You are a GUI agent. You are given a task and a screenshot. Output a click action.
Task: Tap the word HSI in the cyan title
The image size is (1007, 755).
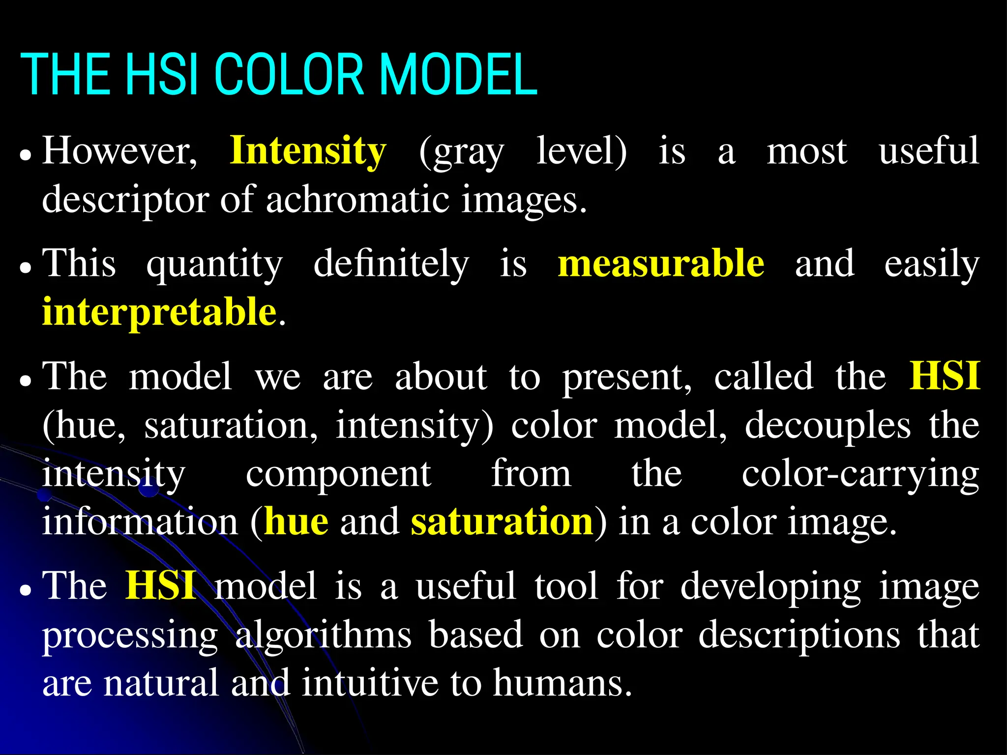(x=162, y=75)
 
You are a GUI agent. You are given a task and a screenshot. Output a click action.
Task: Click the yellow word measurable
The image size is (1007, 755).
(x=661, y=263)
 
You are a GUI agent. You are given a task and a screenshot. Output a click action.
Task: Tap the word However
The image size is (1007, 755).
(x=119, y=151)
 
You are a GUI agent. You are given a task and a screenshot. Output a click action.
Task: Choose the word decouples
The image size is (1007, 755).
(x=828, y=426)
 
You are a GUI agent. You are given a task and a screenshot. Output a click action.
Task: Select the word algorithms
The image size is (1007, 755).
(x=323, y=635)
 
